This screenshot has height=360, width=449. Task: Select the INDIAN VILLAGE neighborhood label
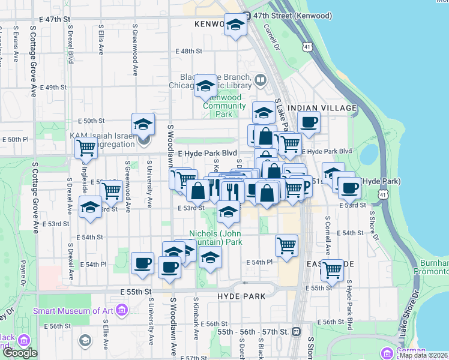pos(322,107)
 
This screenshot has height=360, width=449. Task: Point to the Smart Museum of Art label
pos(74,310)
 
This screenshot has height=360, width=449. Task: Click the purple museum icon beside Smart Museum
pos(122,310)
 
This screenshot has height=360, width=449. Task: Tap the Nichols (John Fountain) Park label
pos(215,238)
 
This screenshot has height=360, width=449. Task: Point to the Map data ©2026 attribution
pos(423,355)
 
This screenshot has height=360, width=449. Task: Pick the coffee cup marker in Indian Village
pos(309,123)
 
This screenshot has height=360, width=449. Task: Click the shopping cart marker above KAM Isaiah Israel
pos(86,146)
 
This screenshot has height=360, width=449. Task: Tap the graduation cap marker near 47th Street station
pos(236,25)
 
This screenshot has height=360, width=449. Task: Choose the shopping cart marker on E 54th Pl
pos(331,269)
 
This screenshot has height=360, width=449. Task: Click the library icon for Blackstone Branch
pos(261,80)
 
